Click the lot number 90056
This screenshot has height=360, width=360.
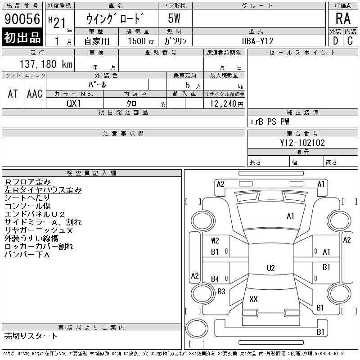(x=22, y=18)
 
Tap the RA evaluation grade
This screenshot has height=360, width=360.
(x=343, y=18)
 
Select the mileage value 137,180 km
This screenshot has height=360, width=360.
(x=46, y=64)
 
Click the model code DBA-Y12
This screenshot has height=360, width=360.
(x=258, y=41)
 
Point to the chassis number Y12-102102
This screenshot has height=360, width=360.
(x=302, y=143)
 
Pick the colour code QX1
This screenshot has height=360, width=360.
(x=74, y=103)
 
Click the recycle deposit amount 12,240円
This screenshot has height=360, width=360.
(x=227, y=104)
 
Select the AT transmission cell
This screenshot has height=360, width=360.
(x=13, y=94)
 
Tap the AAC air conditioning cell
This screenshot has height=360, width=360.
(x=35, y=94)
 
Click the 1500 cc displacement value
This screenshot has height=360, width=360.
(x=141, y=41)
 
